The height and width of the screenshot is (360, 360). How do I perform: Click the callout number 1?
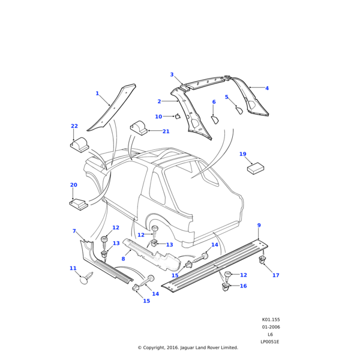[97, 94]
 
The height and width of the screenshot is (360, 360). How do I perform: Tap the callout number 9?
[259, 226]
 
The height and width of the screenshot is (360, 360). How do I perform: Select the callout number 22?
[74, 126]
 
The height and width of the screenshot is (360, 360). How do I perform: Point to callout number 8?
[123, 259]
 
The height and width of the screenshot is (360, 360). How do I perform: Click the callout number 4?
[267, 88]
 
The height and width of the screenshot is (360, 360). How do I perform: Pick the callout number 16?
[243, 286]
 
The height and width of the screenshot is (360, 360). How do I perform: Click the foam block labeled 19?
[257, 167]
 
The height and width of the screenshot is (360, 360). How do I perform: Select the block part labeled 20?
[79, 205]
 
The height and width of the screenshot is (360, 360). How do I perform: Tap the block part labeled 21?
[139, 128]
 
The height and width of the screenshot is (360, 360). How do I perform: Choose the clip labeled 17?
[262, 260]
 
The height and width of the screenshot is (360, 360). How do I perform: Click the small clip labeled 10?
[178, 116]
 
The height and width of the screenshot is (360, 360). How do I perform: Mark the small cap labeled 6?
[215, 120]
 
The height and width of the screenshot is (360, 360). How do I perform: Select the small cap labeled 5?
[238, 110]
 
